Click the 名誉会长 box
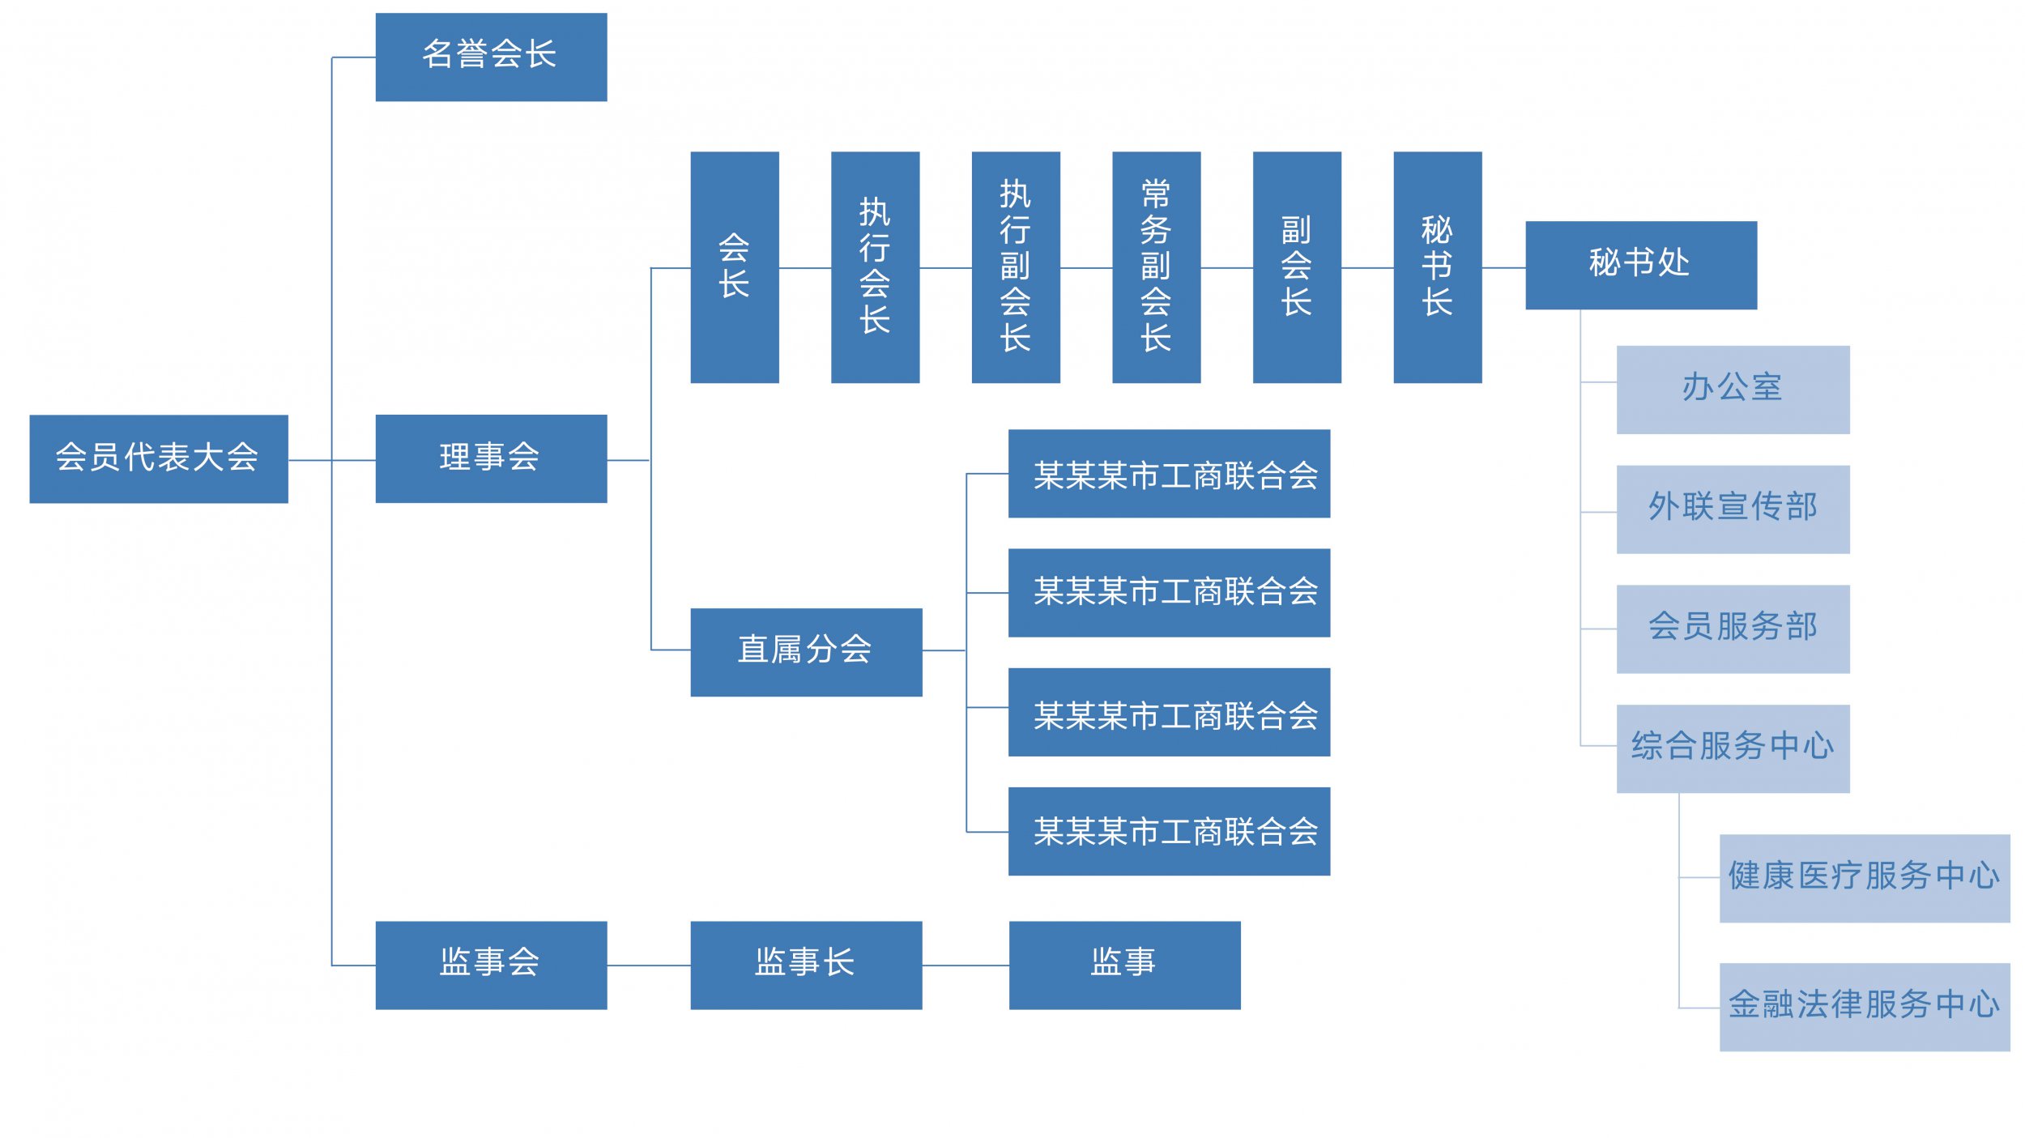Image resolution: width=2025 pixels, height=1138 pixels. [x=491, y=57]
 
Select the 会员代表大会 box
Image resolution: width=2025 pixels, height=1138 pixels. [x=159, y=459]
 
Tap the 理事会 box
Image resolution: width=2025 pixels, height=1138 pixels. [x=491, y=459]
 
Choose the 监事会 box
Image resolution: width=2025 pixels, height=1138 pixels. [x=491, y=965]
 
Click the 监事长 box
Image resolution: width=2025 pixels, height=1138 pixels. [x=806, y=965]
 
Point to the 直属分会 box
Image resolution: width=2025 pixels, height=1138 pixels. [x=806, y=652]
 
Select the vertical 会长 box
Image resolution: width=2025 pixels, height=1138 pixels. [x=735, y=267]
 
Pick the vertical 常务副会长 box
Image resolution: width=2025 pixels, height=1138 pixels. [x=1156, y=267]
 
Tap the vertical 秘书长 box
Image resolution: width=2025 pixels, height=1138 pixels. [x=1437, y=267]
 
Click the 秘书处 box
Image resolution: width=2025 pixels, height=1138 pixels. [x=1641, y=265]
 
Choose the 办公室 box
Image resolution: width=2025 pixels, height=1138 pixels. [x=1733, y=390]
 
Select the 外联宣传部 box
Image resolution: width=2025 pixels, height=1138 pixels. [x=1733, y=509]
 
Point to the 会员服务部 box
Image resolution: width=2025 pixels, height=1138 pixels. [x=1733, y=629]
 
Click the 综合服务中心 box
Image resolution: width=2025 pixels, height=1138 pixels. [x=1733, y=748]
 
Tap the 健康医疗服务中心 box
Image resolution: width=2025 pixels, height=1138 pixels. [x=1865, y=879]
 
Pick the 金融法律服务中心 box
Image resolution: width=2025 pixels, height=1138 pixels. [x=1865, y=1007]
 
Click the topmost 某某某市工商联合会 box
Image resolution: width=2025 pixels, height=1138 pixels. [x=1169, y=474]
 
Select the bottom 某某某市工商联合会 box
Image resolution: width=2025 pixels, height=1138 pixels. [x=1169, y=832]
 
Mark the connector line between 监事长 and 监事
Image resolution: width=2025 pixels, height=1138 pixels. [x=966, y=965]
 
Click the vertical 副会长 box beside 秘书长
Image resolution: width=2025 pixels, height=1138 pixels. [x=1297, y=267]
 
